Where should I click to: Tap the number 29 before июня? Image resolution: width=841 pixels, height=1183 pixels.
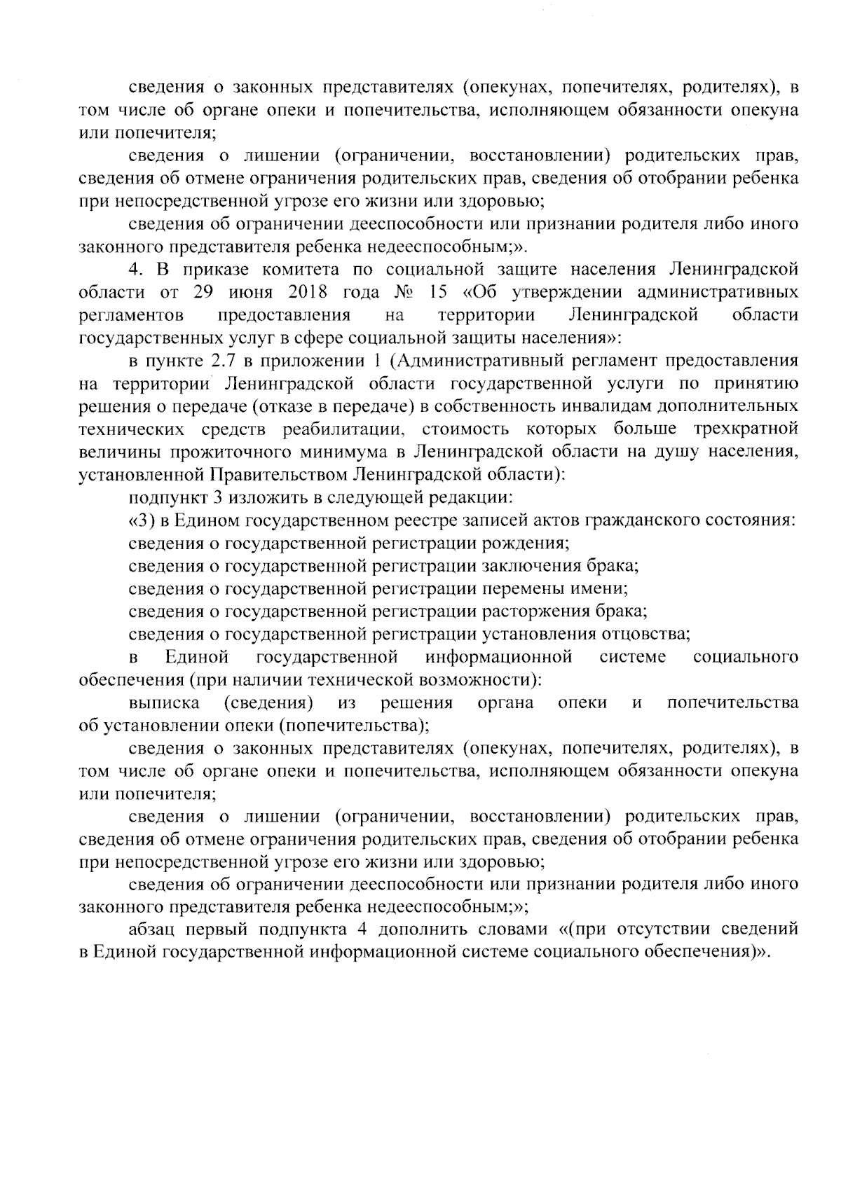coord(203,291)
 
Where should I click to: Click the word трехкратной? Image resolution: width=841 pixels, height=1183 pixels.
coord(746,428)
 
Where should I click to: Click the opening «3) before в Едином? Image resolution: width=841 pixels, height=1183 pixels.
coord(141,520)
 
